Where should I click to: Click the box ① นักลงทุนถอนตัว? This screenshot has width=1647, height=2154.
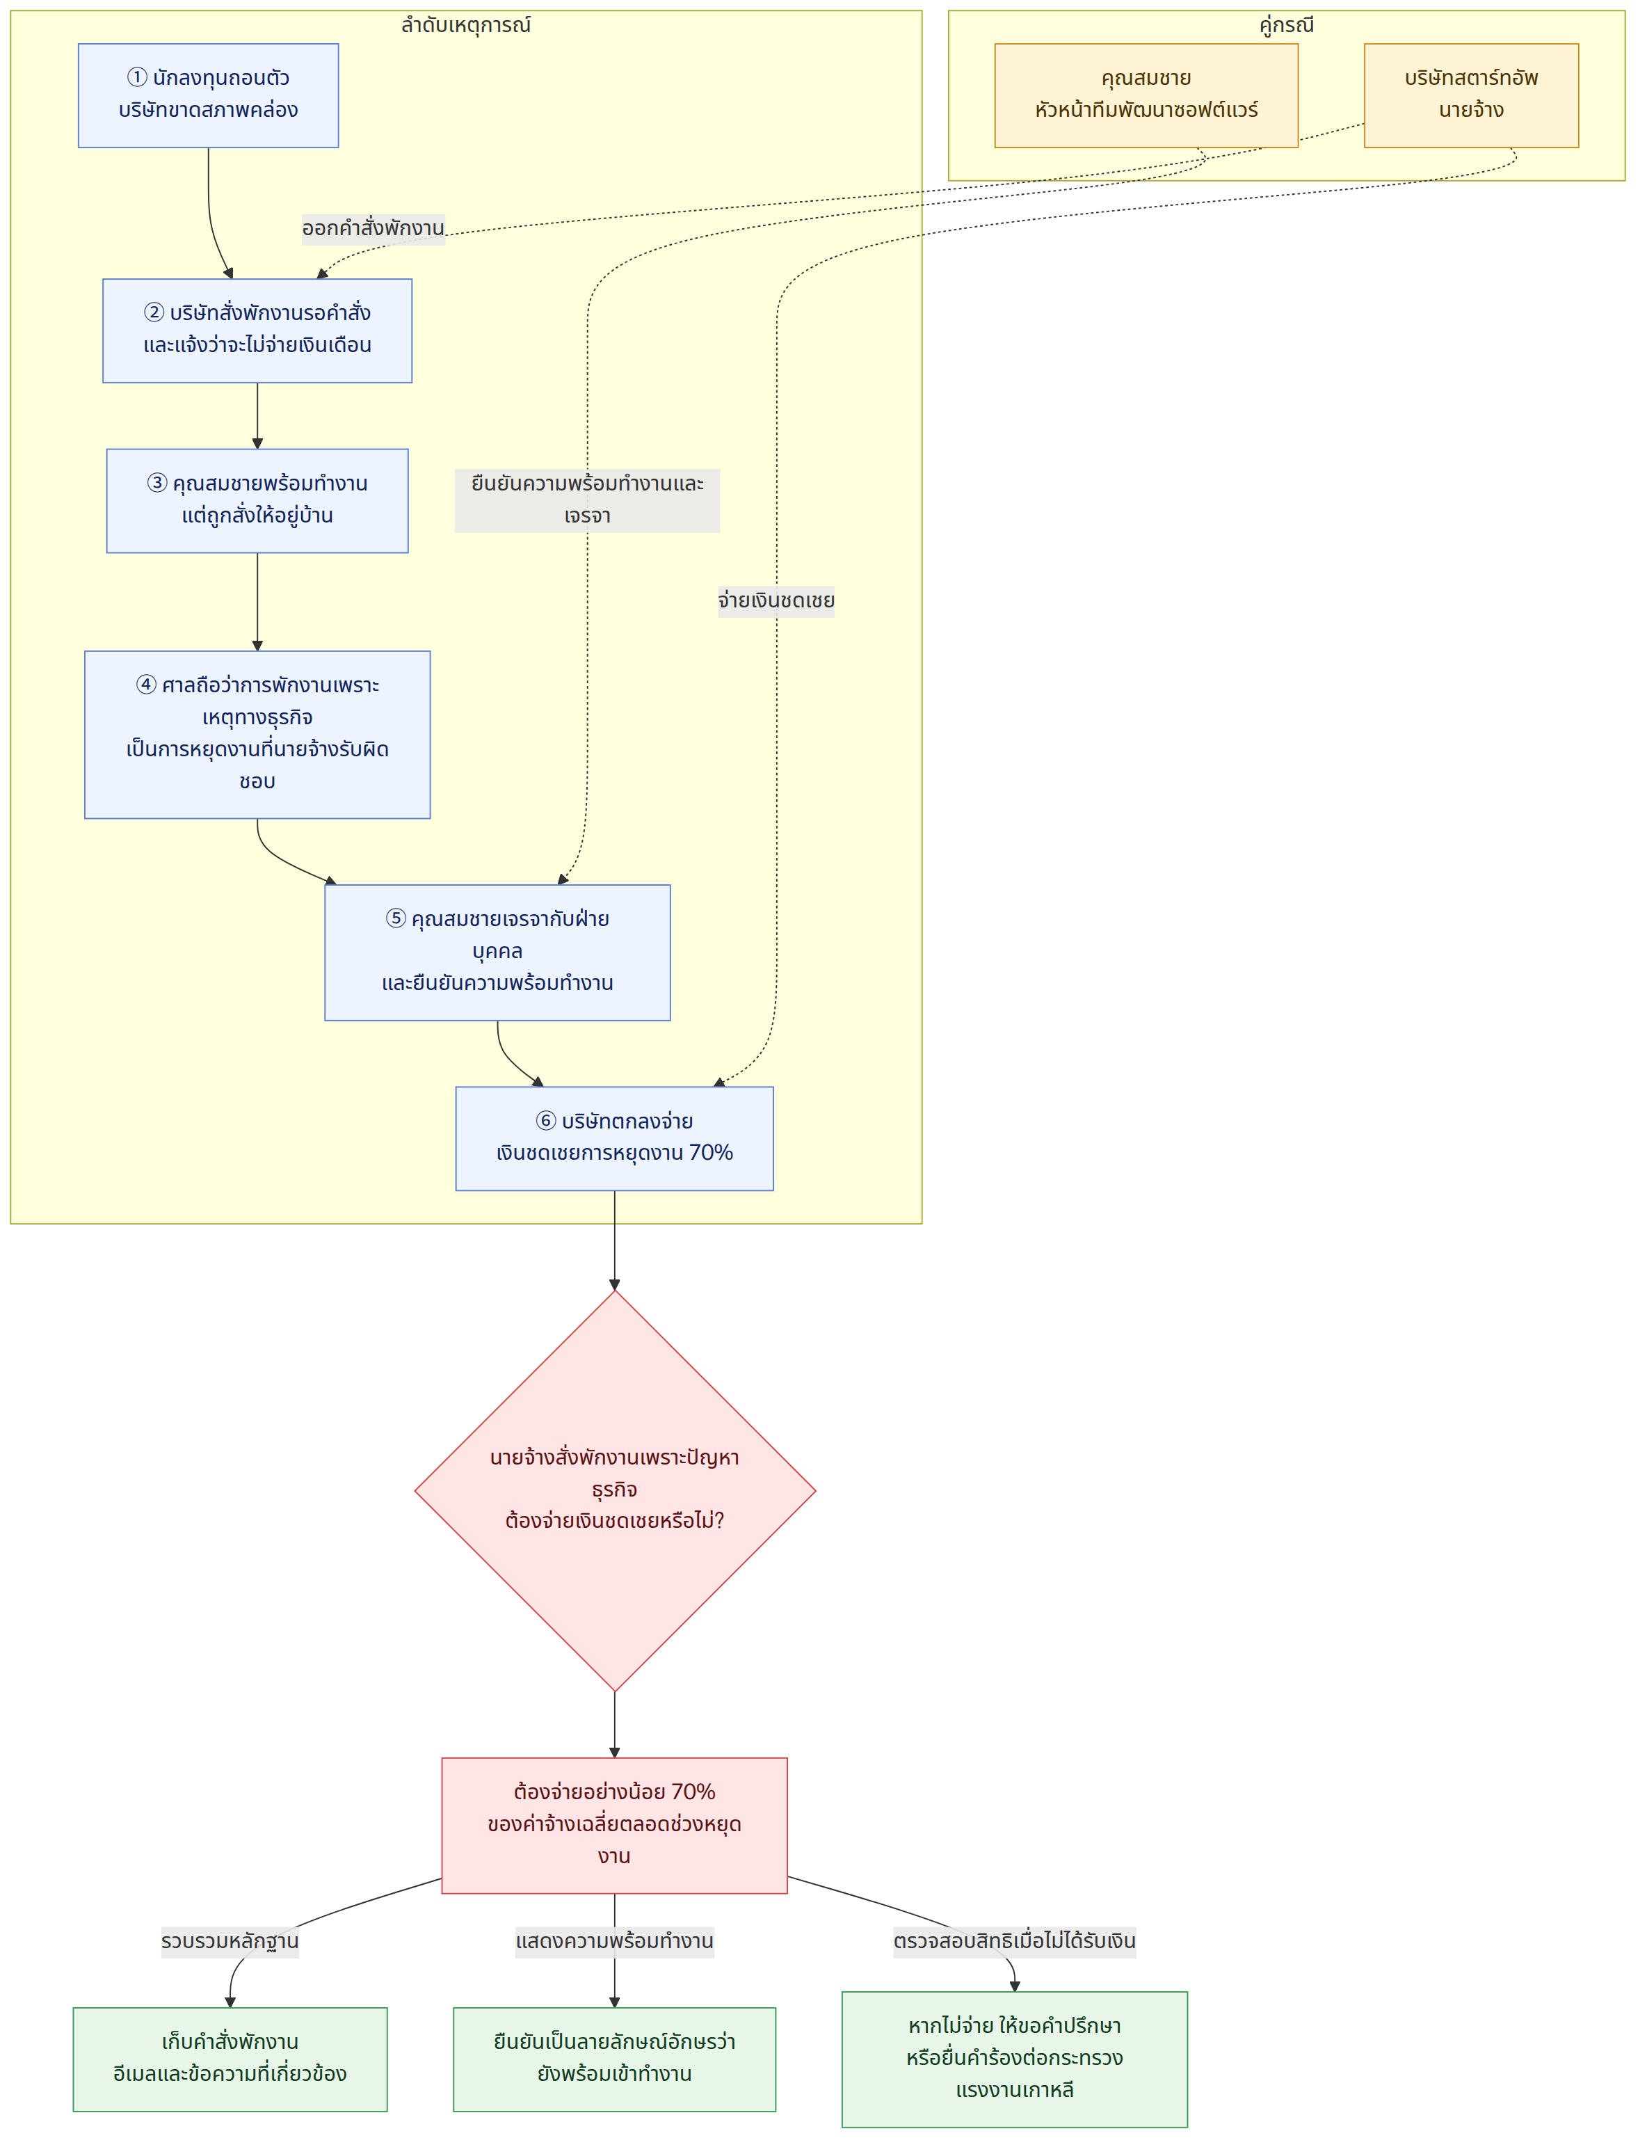point(208,95)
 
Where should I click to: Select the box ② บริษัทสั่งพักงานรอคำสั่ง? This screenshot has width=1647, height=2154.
point(257,330)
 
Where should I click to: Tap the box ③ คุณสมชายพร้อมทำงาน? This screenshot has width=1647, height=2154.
point(257,501)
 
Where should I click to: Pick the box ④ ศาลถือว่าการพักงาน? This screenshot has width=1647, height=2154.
point(257,734)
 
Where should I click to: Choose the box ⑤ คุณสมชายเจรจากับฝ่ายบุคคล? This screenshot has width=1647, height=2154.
point(497,952)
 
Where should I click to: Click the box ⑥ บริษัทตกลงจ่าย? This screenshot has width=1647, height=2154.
point(615,1138)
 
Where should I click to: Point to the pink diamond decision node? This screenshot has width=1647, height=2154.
point(615,1490)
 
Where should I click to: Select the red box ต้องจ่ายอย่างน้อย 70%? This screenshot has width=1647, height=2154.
point(615,1825)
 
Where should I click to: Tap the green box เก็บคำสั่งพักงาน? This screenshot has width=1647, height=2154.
point(230,2059)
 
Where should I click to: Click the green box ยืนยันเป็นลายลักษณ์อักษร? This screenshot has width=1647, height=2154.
point(615,2059)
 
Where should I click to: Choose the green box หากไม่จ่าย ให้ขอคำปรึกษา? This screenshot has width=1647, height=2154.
point(1015,2059)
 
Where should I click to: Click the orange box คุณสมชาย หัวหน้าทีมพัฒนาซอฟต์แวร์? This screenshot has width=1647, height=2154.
point(1146,95)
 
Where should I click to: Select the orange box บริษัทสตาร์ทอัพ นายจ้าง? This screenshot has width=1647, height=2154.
point(1472,95)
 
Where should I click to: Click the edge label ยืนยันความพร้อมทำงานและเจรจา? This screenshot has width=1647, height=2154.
point(587,500)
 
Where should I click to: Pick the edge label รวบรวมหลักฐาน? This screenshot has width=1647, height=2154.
point(230,1941)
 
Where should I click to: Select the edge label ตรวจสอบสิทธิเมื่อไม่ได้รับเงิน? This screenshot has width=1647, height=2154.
point(1015,1941)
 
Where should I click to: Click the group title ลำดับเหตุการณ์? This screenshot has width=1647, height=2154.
point(466,24)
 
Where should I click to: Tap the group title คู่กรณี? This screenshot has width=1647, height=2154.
point(1286,24)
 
